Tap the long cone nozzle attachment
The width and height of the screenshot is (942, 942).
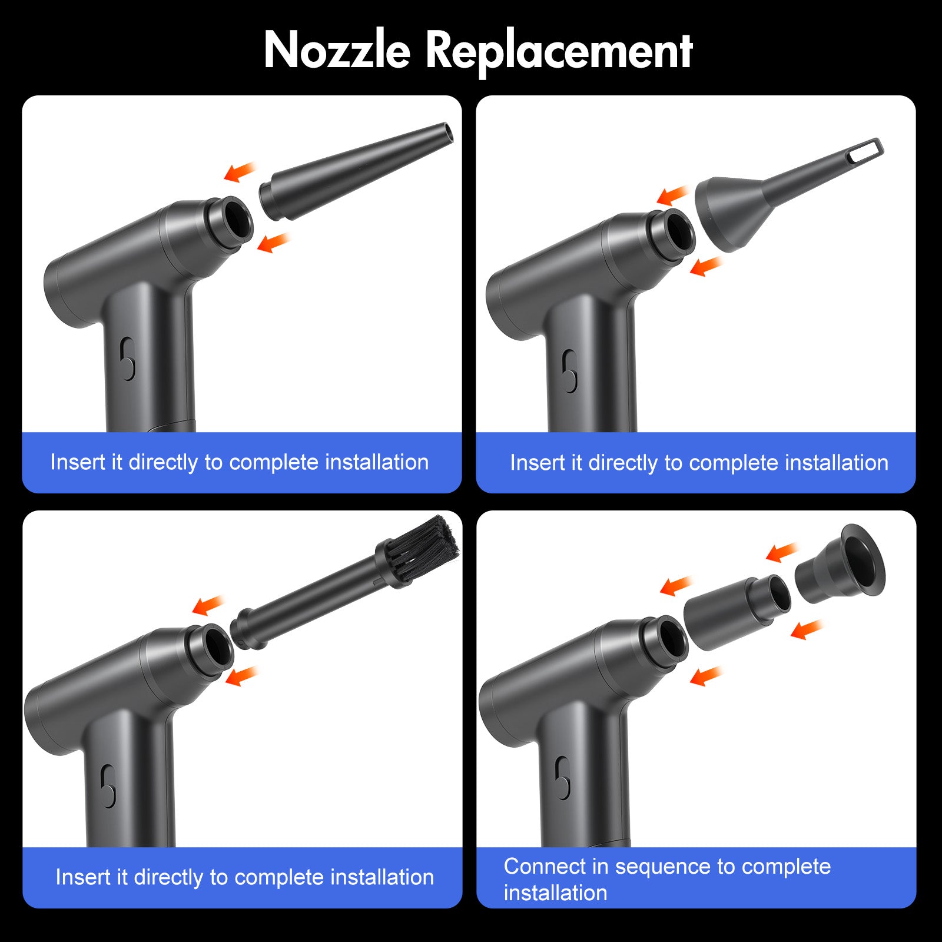[356, 171]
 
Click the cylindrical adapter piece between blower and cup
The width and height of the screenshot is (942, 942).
[737, 612]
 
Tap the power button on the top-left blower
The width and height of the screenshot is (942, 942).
[127, 359]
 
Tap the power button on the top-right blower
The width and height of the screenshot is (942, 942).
[569, 371]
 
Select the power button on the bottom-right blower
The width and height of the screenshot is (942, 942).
[563, 778]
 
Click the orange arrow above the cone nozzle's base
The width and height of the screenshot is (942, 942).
[240, 171]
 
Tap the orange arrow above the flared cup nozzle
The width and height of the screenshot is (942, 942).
[781, 552]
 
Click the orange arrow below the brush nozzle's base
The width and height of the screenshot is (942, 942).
[242, 676]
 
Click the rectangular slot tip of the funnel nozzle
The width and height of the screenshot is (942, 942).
[867, 150]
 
